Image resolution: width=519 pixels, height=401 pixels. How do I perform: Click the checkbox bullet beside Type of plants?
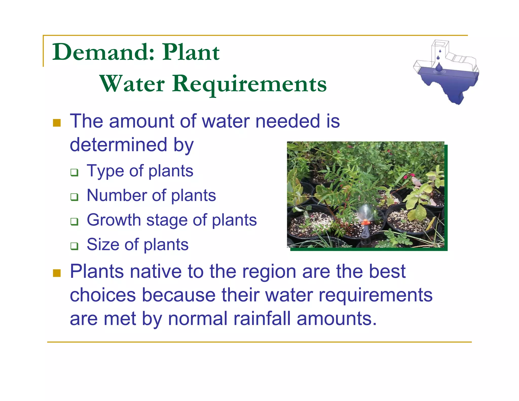(x=74, y=173)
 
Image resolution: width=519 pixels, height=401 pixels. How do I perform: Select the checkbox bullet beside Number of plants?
(x=74, y=197)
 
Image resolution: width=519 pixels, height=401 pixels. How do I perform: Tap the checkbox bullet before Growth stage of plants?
(x=74, y=222)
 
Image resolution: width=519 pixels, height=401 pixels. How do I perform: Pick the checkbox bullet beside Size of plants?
(x=74, y=246)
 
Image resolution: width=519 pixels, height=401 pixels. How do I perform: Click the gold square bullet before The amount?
(x=57, y=123)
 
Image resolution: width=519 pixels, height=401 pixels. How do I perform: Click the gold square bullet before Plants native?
(x=57, y=273)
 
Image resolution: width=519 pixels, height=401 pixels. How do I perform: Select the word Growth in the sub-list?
(x=114, y=220)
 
